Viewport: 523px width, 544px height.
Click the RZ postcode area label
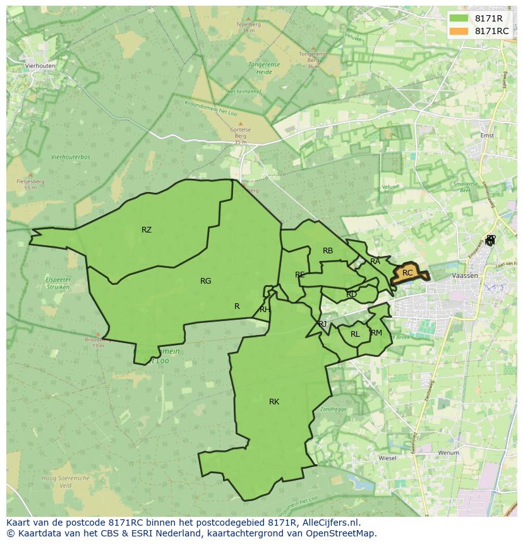click(x=147, y=230)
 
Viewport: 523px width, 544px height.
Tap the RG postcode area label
click(x=205, y=281)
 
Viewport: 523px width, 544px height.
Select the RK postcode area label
click(x=274, y=402)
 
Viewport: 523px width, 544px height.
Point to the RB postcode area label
click(x=328, y=251)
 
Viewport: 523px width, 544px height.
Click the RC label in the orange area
click(x=407, y=273)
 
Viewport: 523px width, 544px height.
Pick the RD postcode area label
click(x=352, y=294)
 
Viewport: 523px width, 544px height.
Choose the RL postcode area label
click(x=355, y=334)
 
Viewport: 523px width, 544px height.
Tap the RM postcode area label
click(x=376, y=333)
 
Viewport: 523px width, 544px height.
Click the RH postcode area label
click(x=265, y=310)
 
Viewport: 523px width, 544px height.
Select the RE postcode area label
click(x=300, y=275)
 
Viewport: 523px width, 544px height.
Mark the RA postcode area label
click(x=375, y=262)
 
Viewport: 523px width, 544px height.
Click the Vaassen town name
click(x=464, y=276)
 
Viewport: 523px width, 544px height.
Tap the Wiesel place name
click(x=387, y=457)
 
